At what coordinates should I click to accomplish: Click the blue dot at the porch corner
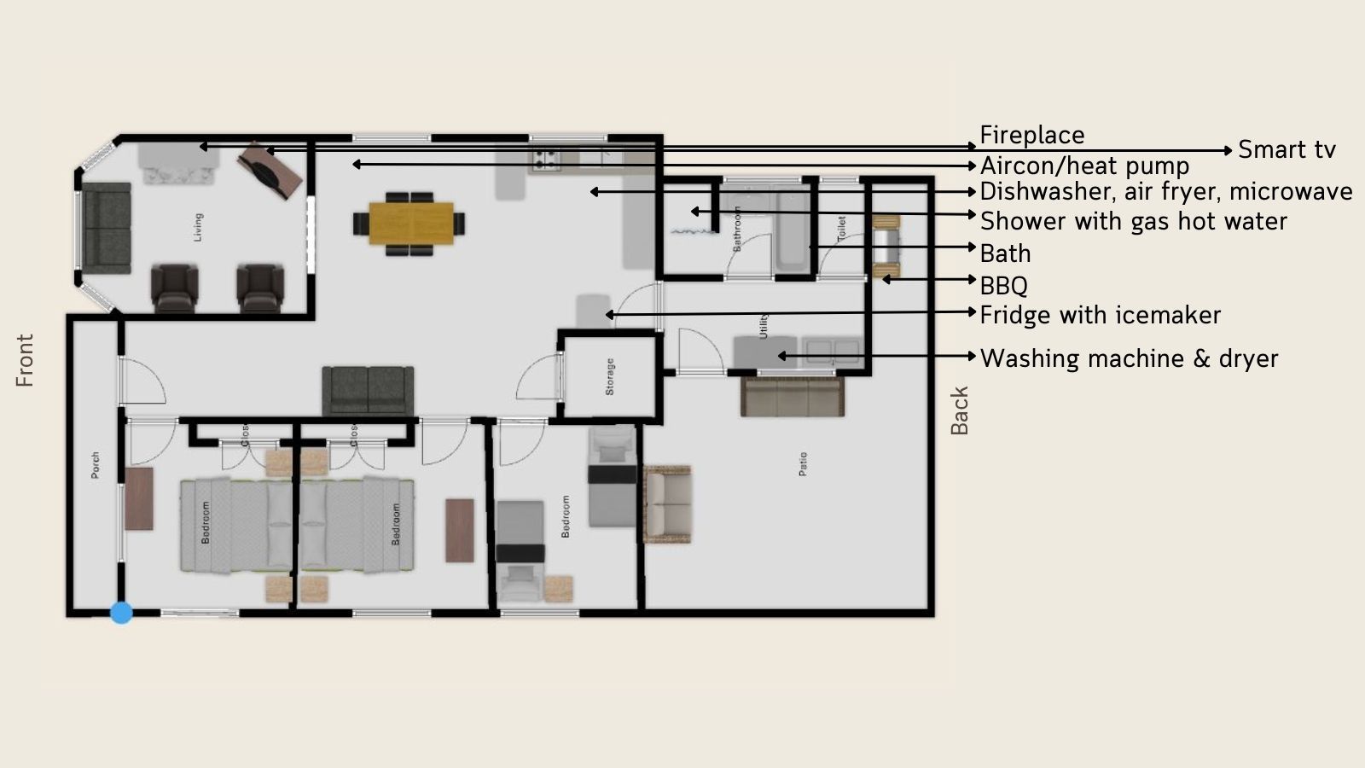[x=121, y=613]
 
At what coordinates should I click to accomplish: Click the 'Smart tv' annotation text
[x=1287, y=150]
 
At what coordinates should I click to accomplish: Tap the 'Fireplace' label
[x=1031, y=135]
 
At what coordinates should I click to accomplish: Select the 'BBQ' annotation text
[x=1003, y=285]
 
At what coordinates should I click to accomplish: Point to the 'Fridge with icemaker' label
[x=1100, y=315]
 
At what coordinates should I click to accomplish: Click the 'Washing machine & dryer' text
[x=1129, y=358]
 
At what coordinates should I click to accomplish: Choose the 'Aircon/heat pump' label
[x=1084, y=166]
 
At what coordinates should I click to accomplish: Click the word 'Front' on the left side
[x=25, y=360]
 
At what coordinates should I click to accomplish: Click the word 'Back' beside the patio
[x=960, y=410]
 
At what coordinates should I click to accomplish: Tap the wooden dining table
[x=410, y=223]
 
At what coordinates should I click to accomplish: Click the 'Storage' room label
[x=610, y=376]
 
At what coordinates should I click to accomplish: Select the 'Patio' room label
[x=803, y=463]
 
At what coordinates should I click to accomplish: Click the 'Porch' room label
[x=96, y=465]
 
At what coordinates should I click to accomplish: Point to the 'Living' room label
[x=198, y=227]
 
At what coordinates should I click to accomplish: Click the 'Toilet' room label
[x=841, y=228]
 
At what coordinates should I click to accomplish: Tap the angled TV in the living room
[x=270, y=170]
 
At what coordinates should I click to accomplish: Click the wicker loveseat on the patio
[x=667, y=503]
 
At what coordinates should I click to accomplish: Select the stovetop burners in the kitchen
[x=546, y=158]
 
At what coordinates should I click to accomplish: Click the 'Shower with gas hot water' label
[x=1133, y=221]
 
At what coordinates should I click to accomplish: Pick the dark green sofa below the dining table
[x=368, y=391]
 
